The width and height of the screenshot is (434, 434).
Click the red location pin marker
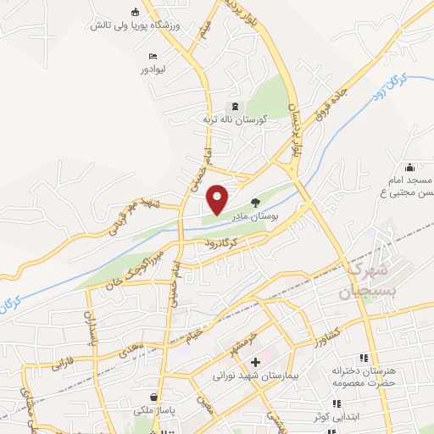(218, 198)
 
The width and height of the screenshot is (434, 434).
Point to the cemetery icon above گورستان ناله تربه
(235, 107)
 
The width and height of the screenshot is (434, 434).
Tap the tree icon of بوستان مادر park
(257, 201)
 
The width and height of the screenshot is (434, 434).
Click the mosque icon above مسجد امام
(410, 167)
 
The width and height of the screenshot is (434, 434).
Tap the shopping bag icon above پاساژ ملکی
(153, 397)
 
